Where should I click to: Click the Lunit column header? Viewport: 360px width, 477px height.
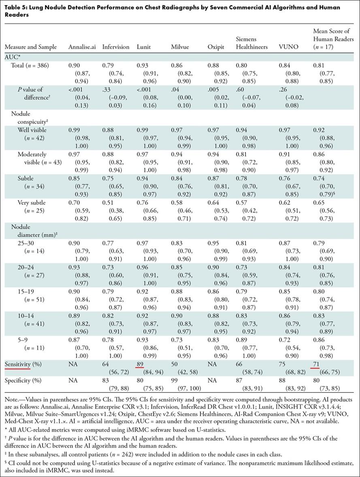(x=144, y=47)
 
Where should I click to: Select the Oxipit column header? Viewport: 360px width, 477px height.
(x=216, y=47)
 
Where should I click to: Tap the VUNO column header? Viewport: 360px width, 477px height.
(x=288, y=47)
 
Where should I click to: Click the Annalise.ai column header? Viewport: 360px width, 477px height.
(x=82, y=47)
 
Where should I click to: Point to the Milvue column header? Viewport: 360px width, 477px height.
(x=180, y=47)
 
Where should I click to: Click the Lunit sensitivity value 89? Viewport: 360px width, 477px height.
(x=140, y=364)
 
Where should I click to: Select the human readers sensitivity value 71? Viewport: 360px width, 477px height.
(x=317, y=364)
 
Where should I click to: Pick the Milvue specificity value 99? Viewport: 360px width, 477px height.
(x=175, y=380)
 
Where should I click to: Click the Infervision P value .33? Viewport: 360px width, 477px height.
(x=106, y=89)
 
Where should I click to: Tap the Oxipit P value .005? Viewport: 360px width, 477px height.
(x=213, y=89)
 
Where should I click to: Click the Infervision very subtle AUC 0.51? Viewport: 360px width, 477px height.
(x=108, y=202)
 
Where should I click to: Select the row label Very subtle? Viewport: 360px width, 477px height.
(x=32, y=202)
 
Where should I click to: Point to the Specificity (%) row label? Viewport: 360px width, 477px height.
(x=23, y=381)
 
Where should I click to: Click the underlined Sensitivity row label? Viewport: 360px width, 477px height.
(x=17, y=364)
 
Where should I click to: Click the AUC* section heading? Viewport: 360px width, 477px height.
(x=12, y=57)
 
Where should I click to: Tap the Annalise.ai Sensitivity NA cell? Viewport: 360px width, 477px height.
(x=73, y=364)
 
